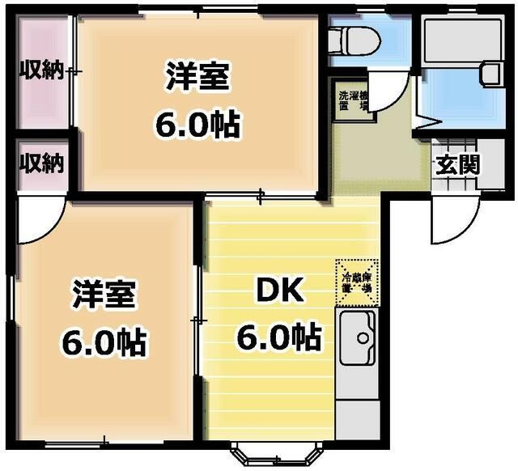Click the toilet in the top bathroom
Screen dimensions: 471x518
point(357,39)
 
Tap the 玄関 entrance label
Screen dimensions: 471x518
point(457,164)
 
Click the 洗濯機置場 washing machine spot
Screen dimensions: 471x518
point(353,100)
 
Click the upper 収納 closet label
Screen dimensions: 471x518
point(41,71)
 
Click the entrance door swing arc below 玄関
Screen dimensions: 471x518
point(450,222)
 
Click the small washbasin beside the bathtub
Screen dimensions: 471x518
point(490,74)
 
